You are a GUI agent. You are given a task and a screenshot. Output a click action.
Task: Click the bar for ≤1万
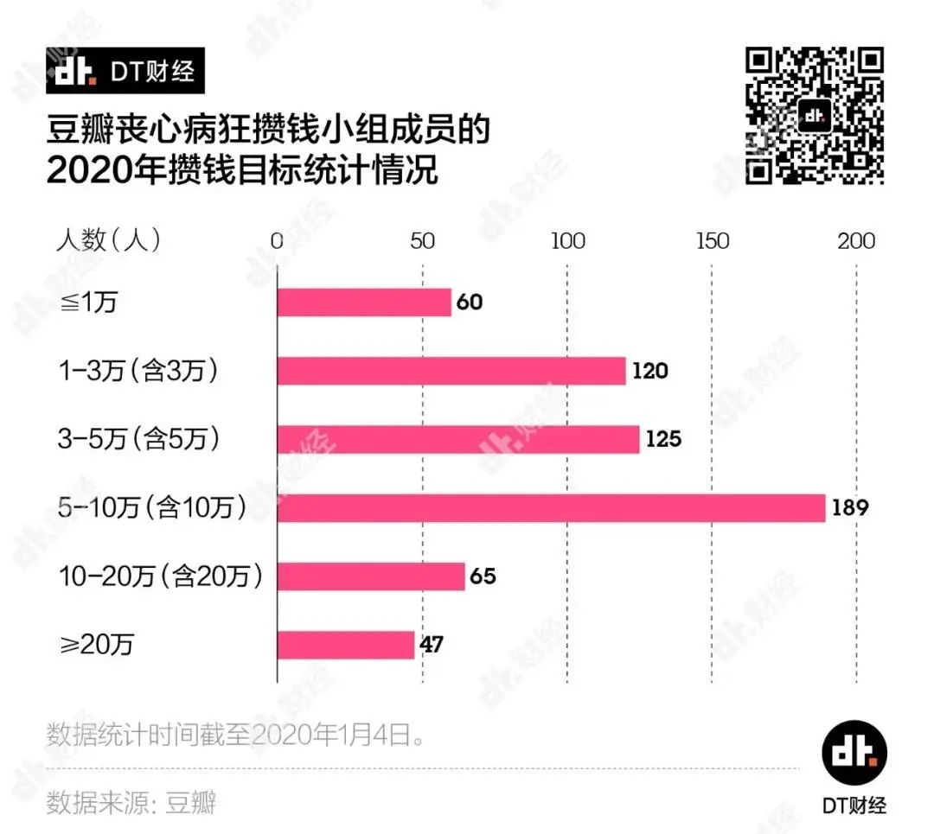pos(364,302)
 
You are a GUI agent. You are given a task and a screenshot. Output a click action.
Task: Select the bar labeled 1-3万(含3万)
pos(451,371)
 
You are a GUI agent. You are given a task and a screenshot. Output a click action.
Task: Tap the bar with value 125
pos(457,439)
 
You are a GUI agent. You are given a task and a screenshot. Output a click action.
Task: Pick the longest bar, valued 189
pos(551,507)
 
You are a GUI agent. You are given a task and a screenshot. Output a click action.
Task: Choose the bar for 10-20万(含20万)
pos(371,576)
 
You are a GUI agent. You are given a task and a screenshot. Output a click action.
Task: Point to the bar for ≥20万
pos(345,645)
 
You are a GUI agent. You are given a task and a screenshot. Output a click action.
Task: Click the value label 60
pos(470,302)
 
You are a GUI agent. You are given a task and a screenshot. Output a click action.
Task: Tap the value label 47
pos(431,645)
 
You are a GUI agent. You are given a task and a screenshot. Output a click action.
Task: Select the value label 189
pos(850,507)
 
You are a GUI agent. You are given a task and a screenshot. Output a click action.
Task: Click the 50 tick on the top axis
pos(422,241)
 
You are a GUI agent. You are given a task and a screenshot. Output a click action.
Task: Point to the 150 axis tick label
pos(713,241)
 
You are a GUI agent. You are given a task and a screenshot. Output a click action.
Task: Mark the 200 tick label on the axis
pos(857,241)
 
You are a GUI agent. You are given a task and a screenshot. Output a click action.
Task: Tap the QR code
pos(815,116)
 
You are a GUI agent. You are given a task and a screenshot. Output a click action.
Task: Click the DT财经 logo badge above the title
pos(125,71)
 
